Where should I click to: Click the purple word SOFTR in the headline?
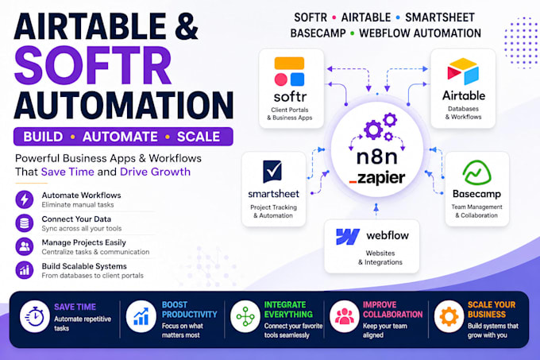tap(93, 65)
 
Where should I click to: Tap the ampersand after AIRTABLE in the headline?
tap(187, 26)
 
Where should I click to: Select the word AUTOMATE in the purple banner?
tap(120, 137)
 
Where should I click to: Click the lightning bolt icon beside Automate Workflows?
tap(25, 199)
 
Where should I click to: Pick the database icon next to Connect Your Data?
tap(25, 223)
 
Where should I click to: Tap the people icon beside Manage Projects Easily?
tap(25, 246)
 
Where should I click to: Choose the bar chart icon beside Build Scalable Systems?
tap(25, 270)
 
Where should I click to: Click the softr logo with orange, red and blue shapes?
tap(289, 72)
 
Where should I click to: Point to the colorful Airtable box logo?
tap(463, 72)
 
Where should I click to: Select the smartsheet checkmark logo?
tap(272, 171)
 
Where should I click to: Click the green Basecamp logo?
tap(477, 172)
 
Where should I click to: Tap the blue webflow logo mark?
tap(348, 237)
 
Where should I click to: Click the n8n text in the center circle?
tap(376, 157)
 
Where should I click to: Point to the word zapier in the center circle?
tap(381, 178)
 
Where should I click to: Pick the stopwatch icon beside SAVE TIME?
tap(35, 316)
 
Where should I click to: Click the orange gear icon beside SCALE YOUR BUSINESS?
tap(449, 316)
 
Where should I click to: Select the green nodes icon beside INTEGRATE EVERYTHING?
tap(245, 316)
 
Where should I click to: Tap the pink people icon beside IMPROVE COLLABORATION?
tap(345, 316)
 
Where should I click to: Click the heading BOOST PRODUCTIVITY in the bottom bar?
tap(190, 309)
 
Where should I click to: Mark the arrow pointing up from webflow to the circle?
tap(376, 210)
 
